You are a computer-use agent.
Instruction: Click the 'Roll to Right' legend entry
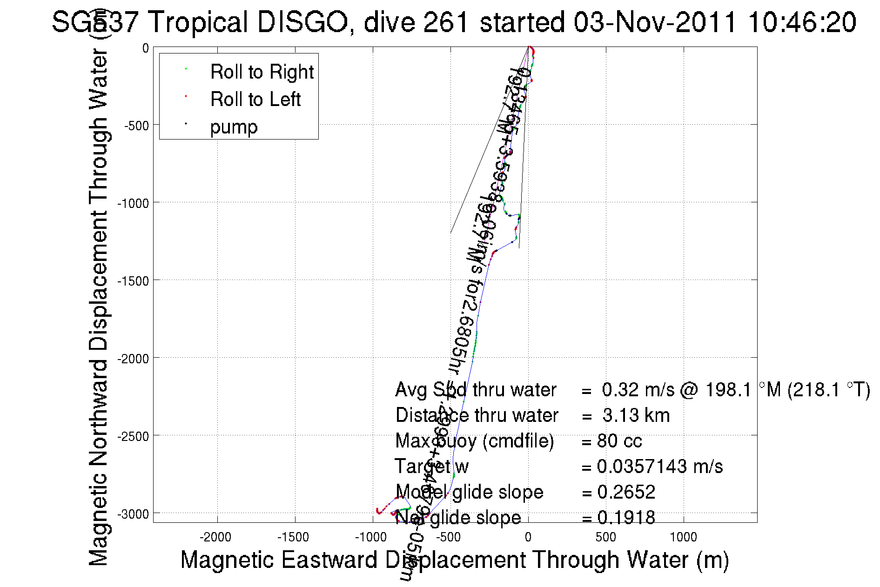(x=262, y=72)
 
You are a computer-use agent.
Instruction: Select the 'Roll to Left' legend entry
(x=255, y=100)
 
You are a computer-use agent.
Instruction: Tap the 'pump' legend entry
(x=234, y=127)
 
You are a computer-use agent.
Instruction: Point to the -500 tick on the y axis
(x=136, y=126)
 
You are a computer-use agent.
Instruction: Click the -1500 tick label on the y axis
(x=133, y=281)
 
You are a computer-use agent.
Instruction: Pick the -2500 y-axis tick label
(x=133, y=436)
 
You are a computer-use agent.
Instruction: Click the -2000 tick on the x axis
(x=215, y=537)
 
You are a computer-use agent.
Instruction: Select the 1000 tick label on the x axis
(x=683, y=537)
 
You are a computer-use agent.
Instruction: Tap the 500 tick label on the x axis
(x=605, y=537)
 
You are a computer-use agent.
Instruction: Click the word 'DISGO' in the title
(x=303, y=22)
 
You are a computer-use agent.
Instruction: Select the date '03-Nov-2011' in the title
(x=655, y=22)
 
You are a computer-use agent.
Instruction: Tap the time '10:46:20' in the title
(x=802, y=22)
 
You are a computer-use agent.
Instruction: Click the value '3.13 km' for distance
(x=636, y=415)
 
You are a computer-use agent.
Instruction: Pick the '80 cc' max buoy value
(x=619, y=441)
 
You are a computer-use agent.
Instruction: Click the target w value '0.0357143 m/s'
(x=660, y=467)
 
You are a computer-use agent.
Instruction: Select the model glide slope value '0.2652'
(x=626, y=492)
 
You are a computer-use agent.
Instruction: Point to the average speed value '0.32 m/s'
(x=638, y=390)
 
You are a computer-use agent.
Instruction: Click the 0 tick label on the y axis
(x=146, y=48)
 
